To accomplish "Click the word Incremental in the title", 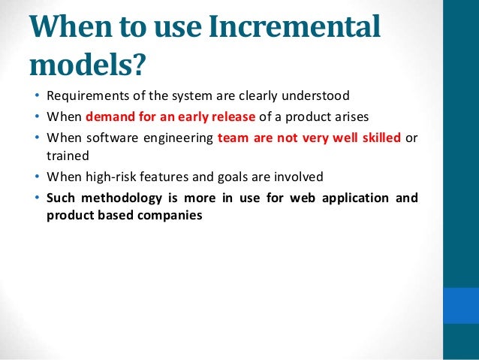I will coord(297,28).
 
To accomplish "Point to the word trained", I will coord(65,156).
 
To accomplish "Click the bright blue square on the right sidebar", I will coord(460,305).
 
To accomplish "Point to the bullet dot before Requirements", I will coord(36,97).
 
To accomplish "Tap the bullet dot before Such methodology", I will coord(36,198).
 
